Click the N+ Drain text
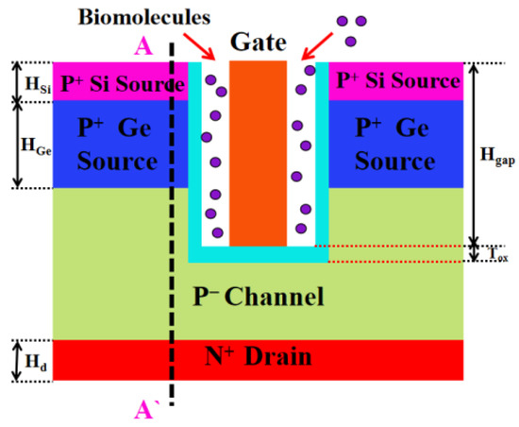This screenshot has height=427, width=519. (258, 359)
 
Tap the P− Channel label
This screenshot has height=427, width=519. (257, 298)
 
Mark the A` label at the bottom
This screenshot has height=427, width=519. (146, 407)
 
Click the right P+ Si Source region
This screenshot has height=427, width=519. (395, 81)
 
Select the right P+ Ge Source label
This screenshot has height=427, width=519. (395, 144)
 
